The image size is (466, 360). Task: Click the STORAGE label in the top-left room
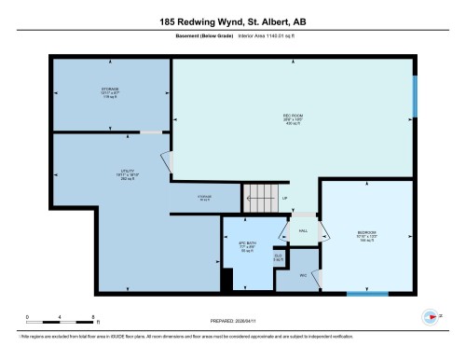[110, 90]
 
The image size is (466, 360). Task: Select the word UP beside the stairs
[284, 198]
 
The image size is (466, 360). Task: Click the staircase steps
[261, 198]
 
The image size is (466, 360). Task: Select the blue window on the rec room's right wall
[415, 97]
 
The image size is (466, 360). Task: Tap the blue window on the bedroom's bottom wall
[367, 295]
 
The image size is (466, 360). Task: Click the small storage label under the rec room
[204, 198]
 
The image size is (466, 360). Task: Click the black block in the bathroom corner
[224, 276]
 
